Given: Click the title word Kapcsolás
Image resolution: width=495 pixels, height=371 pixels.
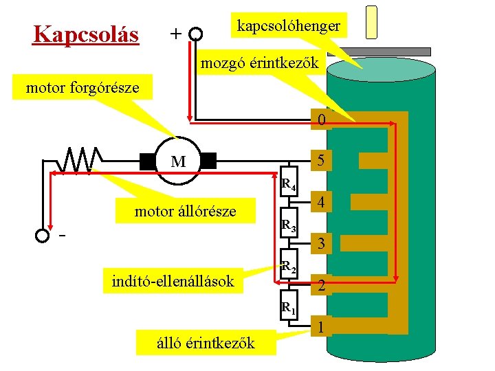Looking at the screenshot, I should tap(86, 34).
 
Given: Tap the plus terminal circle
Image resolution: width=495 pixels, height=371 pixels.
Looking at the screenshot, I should tap(196, 34).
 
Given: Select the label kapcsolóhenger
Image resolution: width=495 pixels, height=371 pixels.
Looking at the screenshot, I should tap(288, 25).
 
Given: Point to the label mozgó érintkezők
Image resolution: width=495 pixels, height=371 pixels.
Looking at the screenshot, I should tap(259, 64).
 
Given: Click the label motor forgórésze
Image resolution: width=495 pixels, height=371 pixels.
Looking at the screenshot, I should tap(82, 87).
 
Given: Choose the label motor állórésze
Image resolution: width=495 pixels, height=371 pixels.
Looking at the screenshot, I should tap(185, 211).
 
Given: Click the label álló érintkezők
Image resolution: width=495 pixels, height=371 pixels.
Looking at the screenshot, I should tap(206, 342).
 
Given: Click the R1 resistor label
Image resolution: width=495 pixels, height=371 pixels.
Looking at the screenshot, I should tap(289, 308).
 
